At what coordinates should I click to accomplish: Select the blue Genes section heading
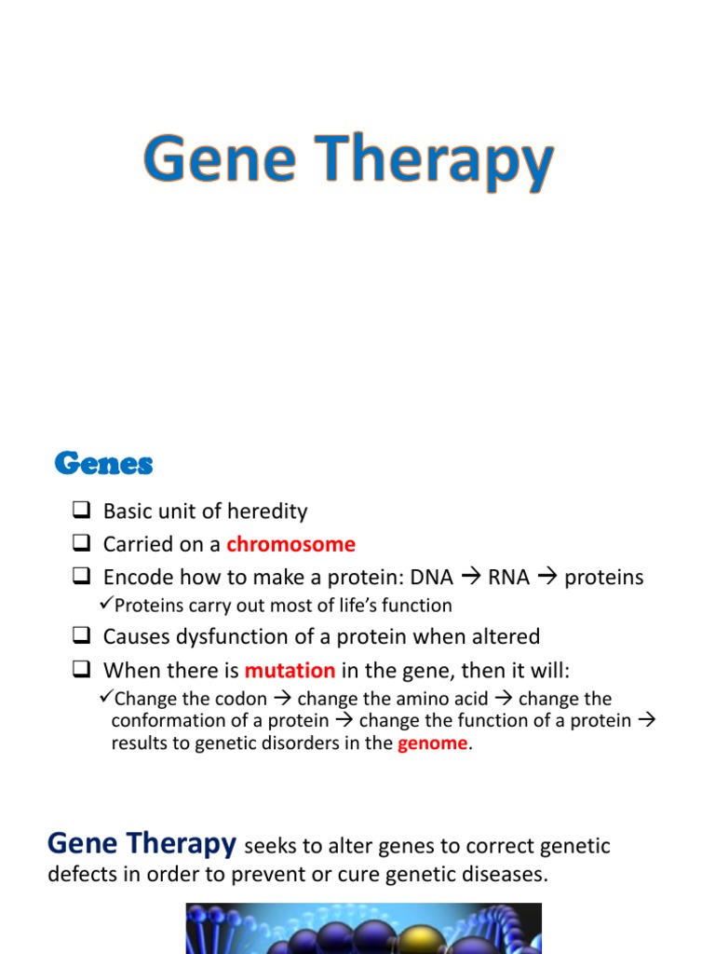tap(103, 463)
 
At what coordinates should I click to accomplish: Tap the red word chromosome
tap(290, 544)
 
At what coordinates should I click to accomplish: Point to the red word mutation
tap(290, 670)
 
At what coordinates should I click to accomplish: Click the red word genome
tap(433, 743)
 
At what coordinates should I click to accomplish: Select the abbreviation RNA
tap(508, 578)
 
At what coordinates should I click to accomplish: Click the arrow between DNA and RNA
tap(471, 578)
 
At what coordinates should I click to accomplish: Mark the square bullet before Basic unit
tap(80, 511)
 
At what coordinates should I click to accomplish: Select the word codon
tap(242, 699)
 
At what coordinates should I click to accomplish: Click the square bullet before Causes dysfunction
tap(80, 637)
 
